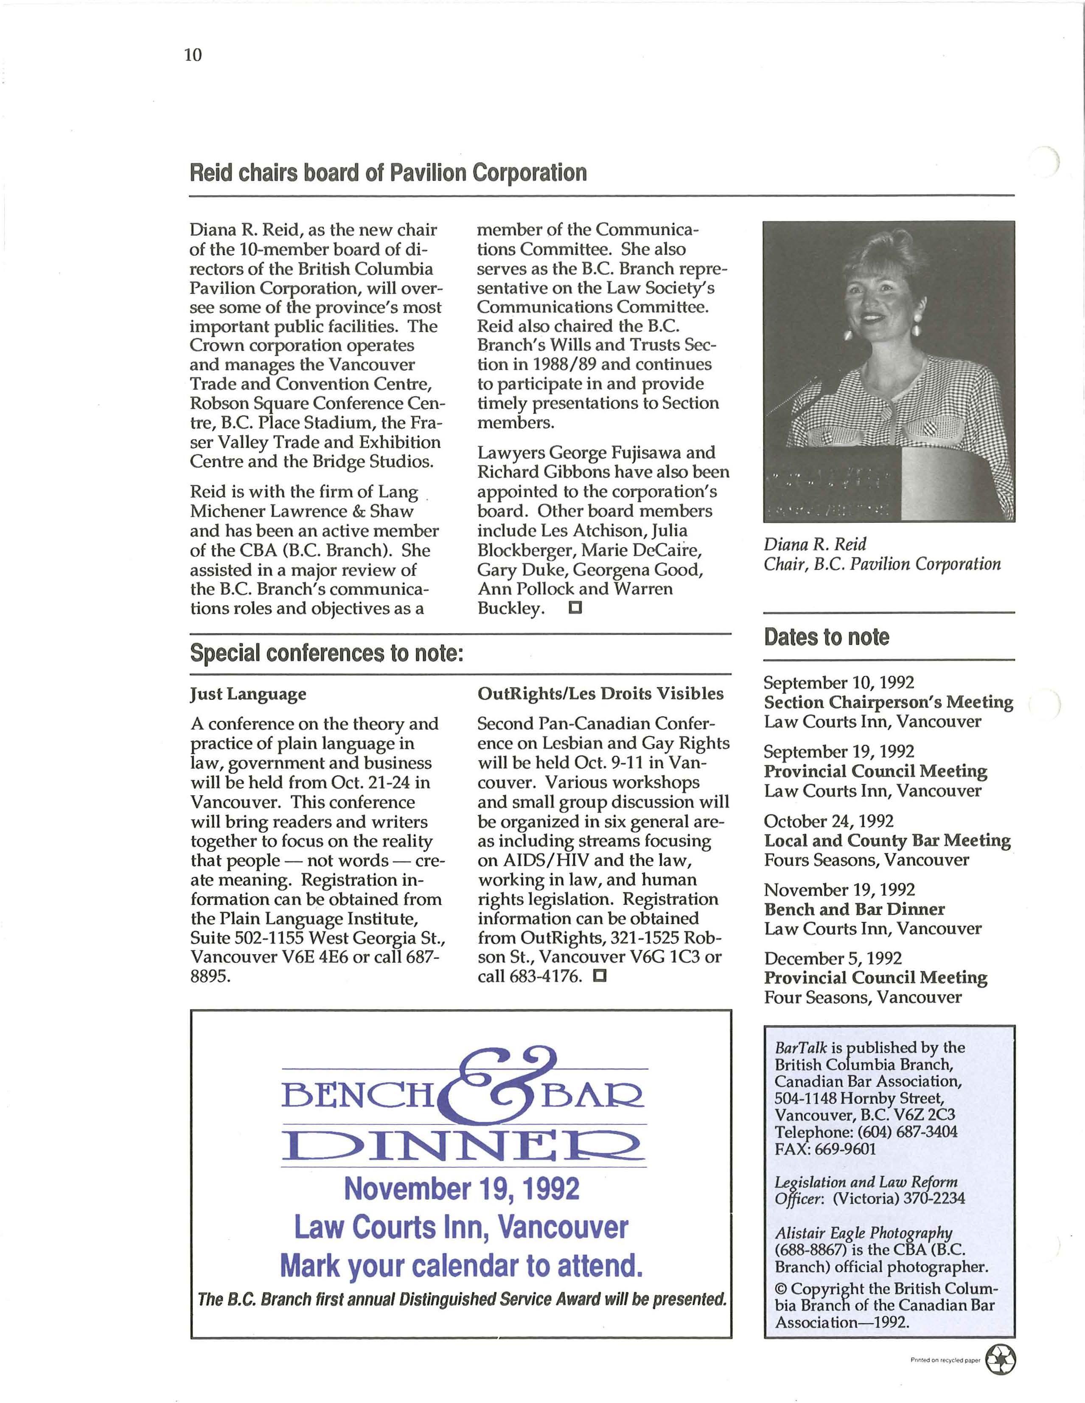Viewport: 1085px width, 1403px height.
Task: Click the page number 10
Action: coord(193,55)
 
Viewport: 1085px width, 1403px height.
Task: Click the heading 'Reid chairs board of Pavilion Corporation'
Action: coord(388,173)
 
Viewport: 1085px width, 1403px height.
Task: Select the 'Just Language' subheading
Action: coord(248,694)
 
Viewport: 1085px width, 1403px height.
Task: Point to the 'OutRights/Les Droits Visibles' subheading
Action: coord(600,694)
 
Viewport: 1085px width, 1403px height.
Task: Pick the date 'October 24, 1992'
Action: coord(828,821)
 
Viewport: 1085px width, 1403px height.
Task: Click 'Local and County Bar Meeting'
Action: coord(886,840)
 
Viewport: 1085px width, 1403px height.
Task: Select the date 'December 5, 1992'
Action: coord(833,958)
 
